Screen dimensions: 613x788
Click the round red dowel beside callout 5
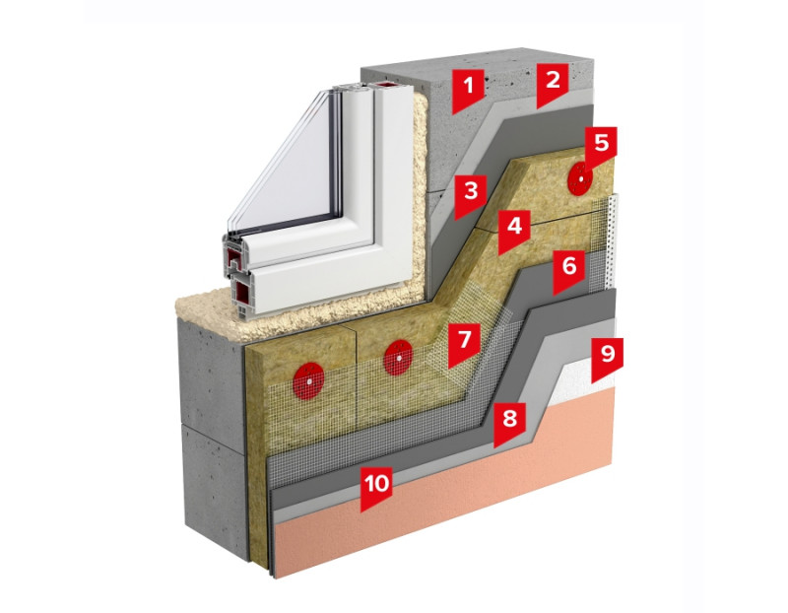pos(580,177)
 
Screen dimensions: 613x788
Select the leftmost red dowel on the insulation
pos(308,377)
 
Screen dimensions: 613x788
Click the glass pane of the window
pos(285,167)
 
